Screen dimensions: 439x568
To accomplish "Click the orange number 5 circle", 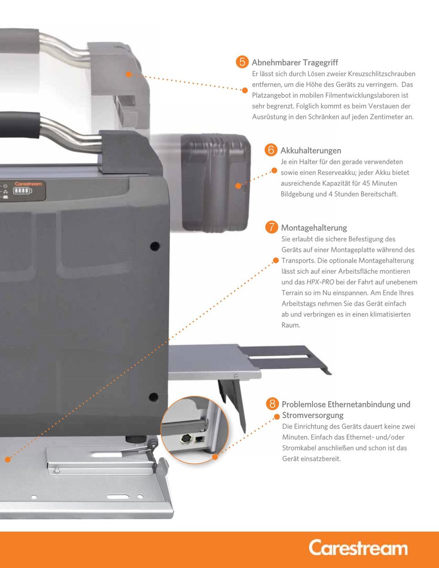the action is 242,62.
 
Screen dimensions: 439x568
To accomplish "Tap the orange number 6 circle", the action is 271,150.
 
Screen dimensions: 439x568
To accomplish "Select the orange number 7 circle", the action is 272,227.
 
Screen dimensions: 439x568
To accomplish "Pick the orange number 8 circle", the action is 273,403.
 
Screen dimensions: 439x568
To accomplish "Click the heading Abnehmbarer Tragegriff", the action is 295,63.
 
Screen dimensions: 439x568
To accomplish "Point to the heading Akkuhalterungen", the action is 311,150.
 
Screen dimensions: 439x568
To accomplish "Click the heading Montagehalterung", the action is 314,228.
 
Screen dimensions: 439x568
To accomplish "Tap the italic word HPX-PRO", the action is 320,282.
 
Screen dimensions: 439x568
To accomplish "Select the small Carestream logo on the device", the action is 28,184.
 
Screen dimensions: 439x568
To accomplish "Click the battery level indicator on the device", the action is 22,191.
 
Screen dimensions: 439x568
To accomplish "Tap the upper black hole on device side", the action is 155,246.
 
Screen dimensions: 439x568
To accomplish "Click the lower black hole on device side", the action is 153,397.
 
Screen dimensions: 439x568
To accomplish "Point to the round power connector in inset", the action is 185,438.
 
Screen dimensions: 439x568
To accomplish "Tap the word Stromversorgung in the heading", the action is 313,415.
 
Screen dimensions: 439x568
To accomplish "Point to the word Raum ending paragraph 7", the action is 290,325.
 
